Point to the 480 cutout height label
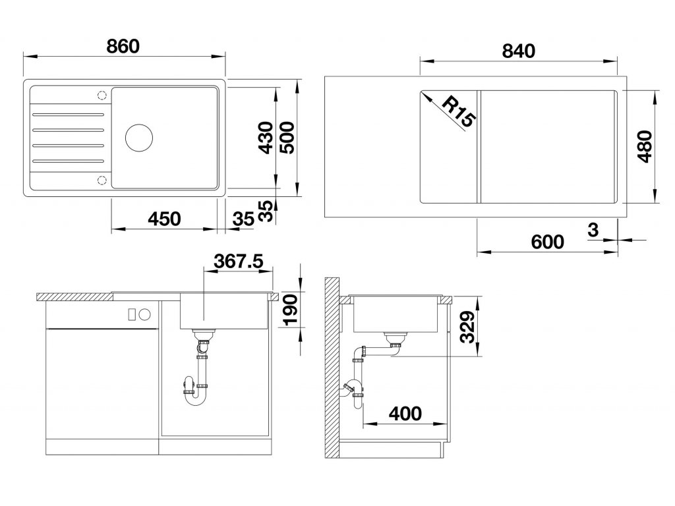coord(645,148)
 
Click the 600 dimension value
coord(547,242)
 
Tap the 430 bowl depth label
coord(266,137)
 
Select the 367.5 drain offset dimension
coord(239,261)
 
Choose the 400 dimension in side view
coord(404,414)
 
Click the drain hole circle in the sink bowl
coord(138,136)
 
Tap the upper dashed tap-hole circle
coord(102,95)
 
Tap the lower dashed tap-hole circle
coord(102,180)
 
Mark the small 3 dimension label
coord(592,229)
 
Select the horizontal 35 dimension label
coord(243,219)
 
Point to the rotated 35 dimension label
coord(266,210)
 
